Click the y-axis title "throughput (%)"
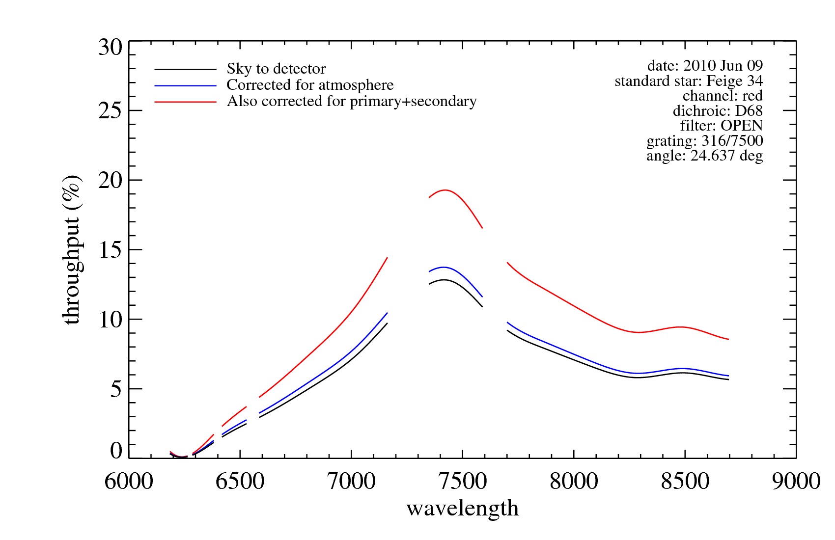coord(72,249)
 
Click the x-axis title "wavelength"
coord(462,509)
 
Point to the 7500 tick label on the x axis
coord(462,481)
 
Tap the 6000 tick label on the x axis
coord(129,481)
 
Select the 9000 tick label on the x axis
coord(796,481)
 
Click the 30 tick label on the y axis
coord(110,48)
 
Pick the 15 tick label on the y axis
coord(110,250)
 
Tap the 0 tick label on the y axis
coord(116,450)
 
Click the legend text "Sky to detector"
coord(276,69)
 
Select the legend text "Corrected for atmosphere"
coord(310,85)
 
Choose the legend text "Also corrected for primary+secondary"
coord(352,101)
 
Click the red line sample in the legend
coord(185,102)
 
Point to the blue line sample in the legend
coord(185,86)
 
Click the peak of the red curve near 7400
coord(445,190)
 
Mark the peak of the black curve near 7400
coord(444,280)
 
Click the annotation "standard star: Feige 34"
coord(689,81)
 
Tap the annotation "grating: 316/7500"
coord(704,141)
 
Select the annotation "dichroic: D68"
coord(718,111)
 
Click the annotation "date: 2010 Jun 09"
coord(705,65)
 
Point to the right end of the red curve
coord(728,339)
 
